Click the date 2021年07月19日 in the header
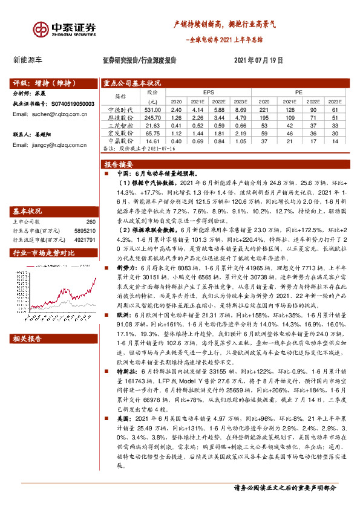(x=258, y=60)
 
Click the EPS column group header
(x=209, y=92)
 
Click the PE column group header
(x=298, y=92)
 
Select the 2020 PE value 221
(x=264, y=109)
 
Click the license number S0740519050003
(x=73, y=104)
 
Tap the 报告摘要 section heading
(x=119, y=164)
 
